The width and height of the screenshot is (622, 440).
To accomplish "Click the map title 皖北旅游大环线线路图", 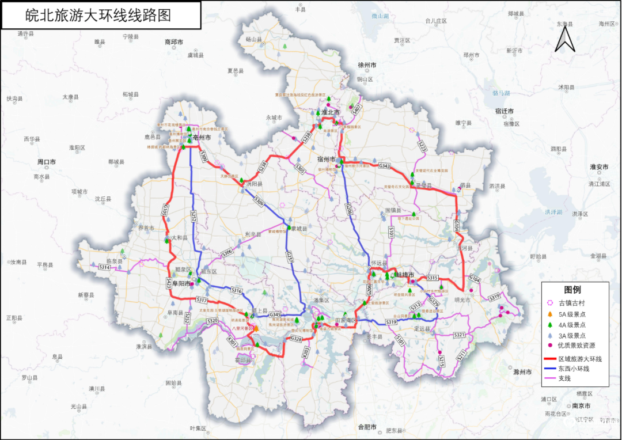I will [x=99, y=15].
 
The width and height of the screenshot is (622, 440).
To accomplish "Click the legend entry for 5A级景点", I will [x=571, y=314].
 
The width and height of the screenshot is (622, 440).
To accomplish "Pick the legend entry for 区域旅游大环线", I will [x=579, y=358].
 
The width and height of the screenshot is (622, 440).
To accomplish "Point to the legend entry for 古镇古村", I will [x=571, y=303].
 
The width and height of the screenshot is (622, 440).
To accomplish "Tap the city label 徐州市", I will [x=367, y=65].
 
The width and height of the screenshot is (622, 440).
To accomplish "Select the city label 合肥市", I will [x=367, y=427].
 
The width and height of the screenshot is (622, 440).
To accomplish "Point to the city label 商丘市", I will [x=173, y=42].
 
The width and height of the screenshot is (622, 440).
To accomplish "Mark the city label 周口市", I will [x=46, y=162].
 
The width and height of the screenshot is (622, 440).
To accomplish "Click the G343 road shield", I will [x=384, y=166].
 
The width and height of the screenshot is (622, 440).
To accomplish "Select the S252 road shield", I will [x=194, y=216].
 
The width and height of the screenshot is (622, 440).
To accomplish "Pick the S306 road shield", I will [x=227, y=251].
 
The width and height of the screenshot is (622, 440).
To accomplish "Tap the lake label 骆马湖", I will [x=501, y=93].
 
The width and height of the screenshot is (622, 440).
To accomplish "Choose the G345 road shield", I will [x=276, y=314].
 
